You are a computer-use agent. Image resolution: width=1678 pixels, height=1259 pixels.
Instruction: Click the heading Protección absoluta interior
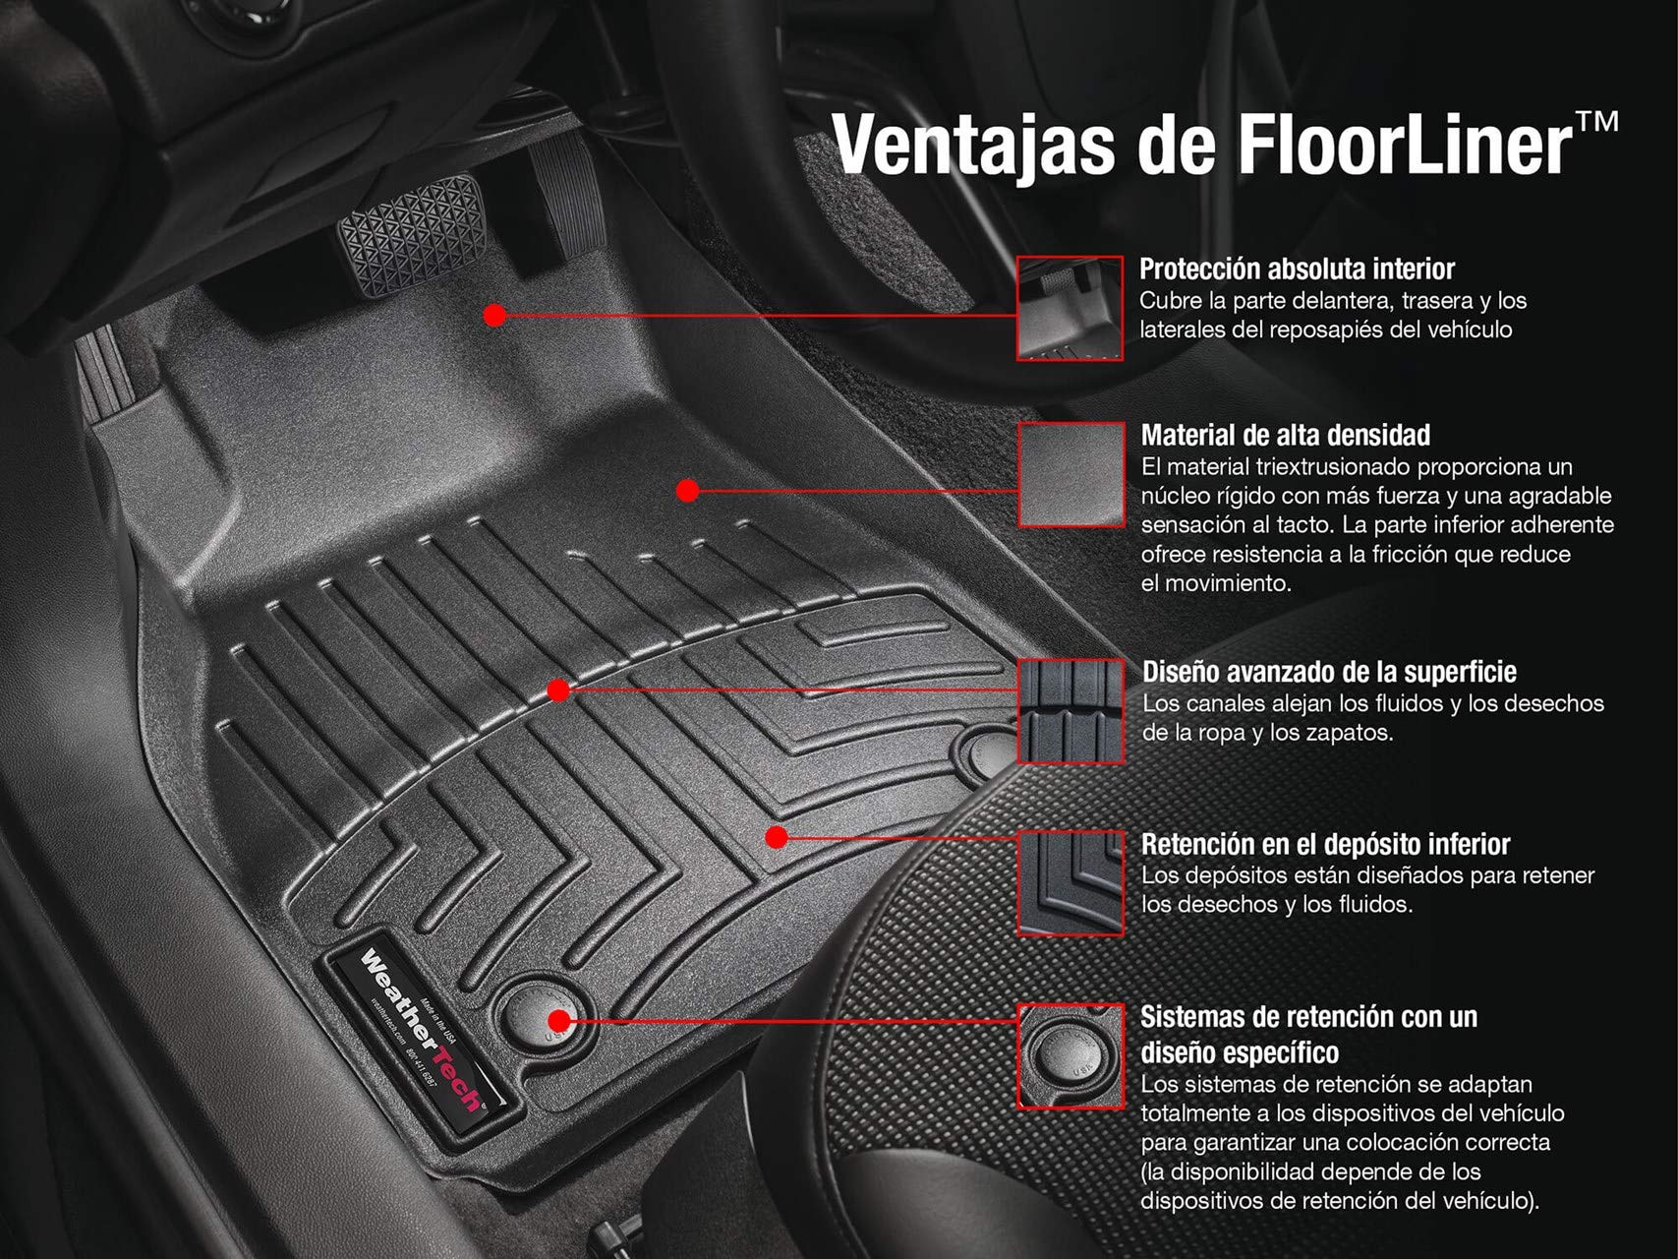(1297, 269)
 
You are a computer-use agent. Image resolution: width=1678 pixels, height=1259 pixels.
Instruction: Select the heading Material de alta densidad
(1285, 435)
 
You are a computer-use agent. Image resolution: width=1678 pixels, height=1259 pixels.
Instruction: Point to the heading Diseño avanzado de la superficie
(1329, 672)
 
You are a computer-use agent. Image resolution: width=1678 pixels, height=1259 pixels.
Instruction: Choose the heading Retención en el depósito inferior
(1325, 844)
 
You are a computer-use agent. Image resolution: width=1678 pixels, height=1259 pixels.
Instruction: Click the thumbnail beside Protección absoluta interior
(1070, 308)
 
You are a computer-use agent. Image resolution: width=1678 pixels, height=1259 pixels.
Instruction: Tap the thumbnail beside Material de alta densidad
(1070, 474)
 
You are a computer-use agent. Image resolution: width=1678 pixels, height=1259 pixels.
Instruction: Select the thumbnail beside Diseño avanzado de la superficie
(1070, 710)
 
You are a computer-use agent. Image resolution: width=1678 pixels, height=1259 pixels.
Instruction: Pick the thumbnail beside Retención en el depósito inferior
(1070, 882)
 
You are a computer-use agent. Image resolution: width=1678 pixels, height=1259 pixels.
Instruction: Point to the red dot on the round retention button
(557, 1020)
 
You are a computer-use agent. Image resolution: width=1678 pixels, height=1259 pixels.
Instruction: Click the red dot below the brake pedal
(495, 315)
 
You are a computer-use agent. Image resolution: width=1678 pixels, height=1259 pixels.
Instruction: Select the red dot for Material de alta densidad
(687, 490)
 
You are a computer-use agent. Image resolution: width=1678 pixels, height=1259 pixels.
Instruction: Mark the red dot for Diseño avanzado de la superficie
(558, 690)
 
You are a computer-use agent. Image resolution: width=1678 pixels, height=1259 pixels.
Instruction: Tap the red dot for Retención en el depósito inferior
(777, 837)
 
